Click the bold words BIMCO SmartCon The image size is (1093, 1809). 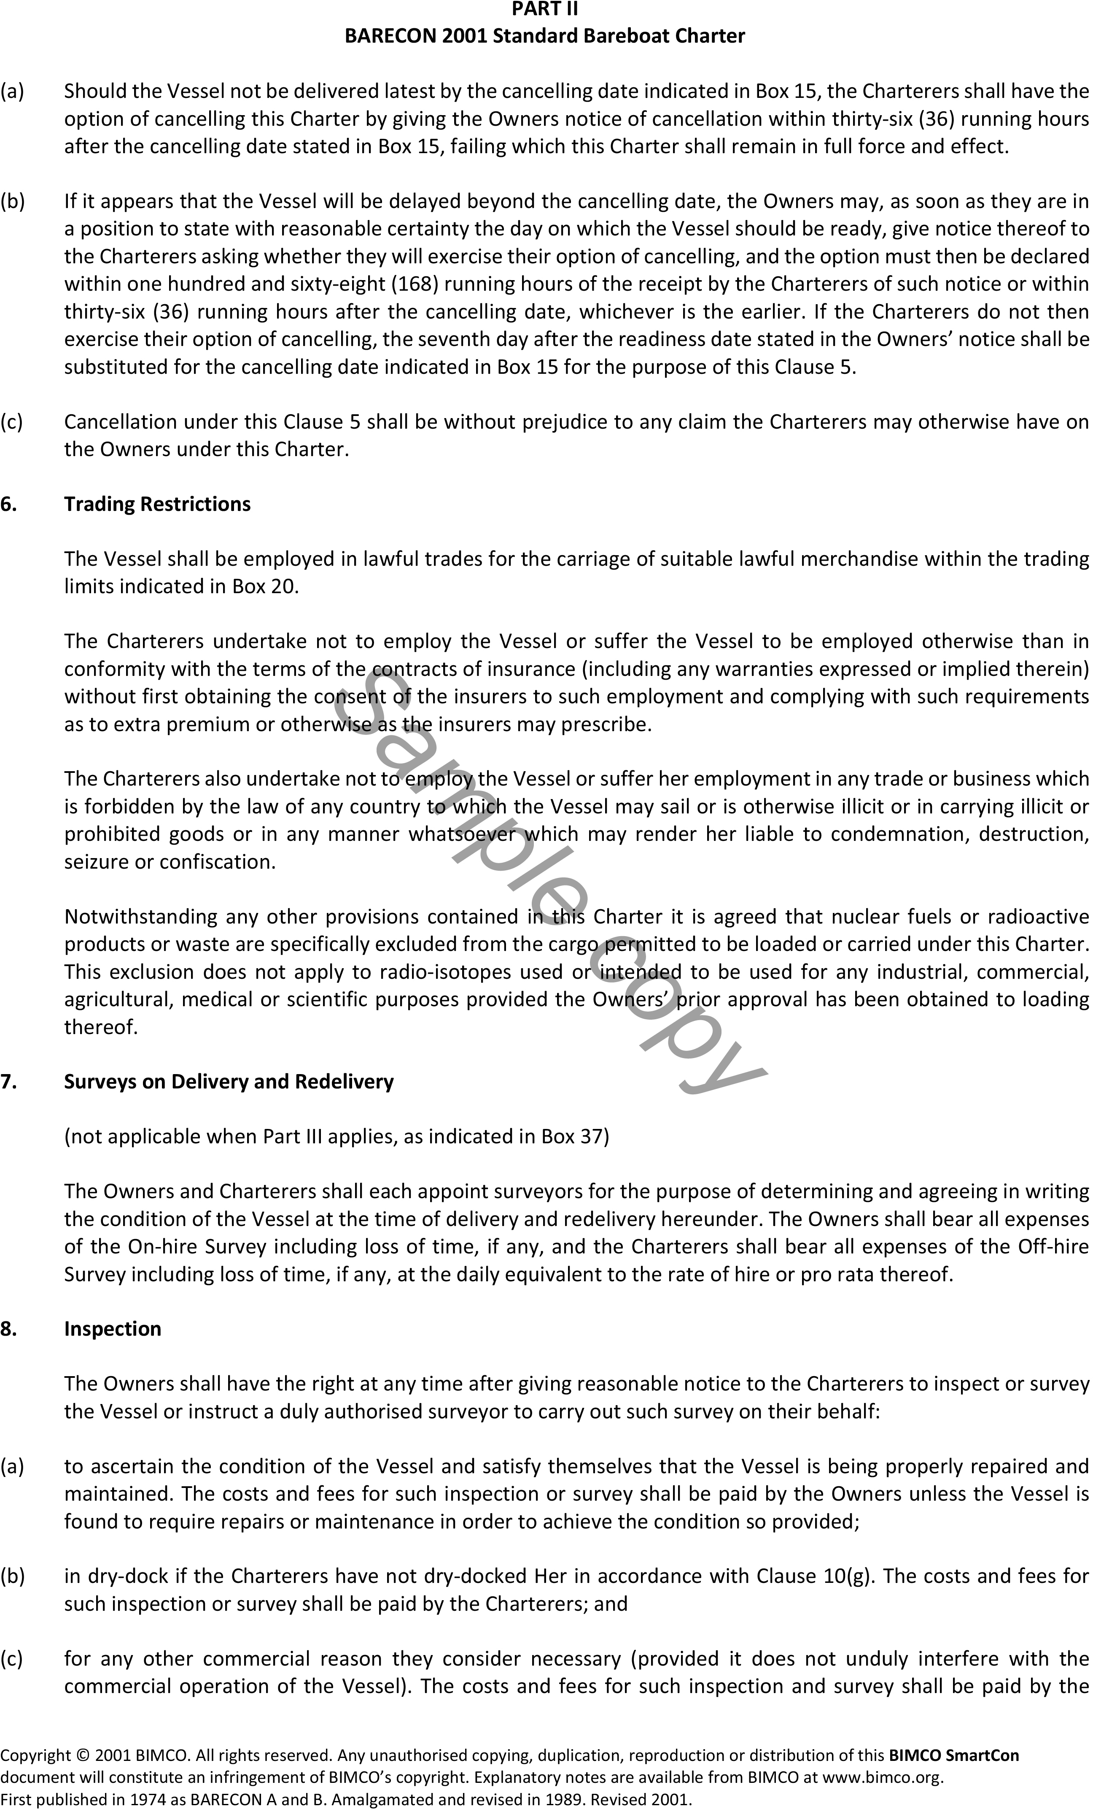tap(953, 1755)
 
